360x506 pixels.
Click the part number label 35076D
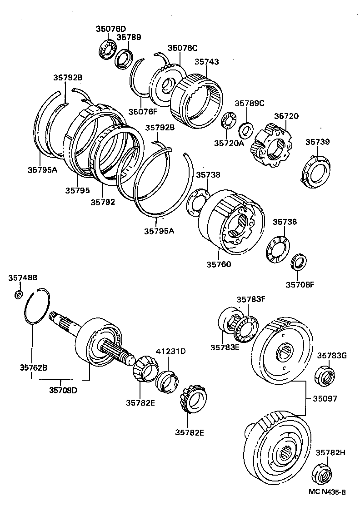(110, 29)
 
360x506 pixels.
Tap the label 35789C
(249, 104)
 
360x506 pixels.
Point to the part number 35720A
(229, 143)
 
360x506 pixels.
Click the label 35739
(317, 142)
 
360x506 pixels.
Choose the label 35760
(219, 264)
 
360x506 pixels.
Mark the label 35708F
(300, 285)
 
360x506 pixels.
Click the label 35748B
(23, 277)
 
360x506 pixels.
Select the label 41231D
(171, 351)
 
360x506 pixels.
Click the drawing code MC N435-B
(327, 492)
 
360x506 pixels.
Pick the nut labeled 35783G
(325, 375)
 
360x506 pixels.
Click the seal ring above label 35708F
(299, 263)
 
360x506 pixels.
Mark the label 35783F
(251, 299)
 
